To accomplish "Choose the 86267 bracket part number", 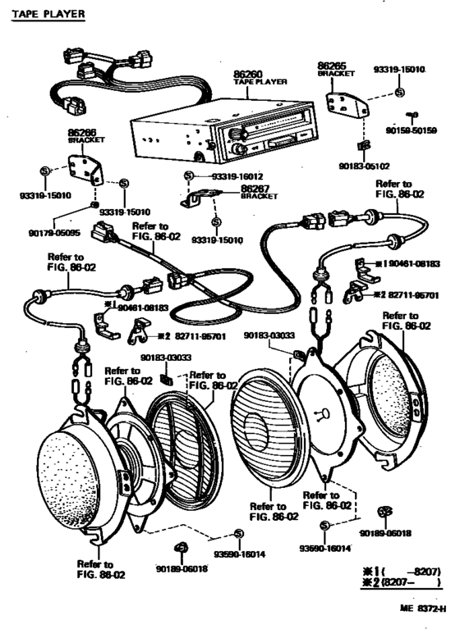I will click(256, 189).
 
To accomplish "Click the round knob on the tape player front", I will click(241, 149).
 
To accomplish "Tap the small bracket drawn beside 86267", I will click(200, 198).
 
